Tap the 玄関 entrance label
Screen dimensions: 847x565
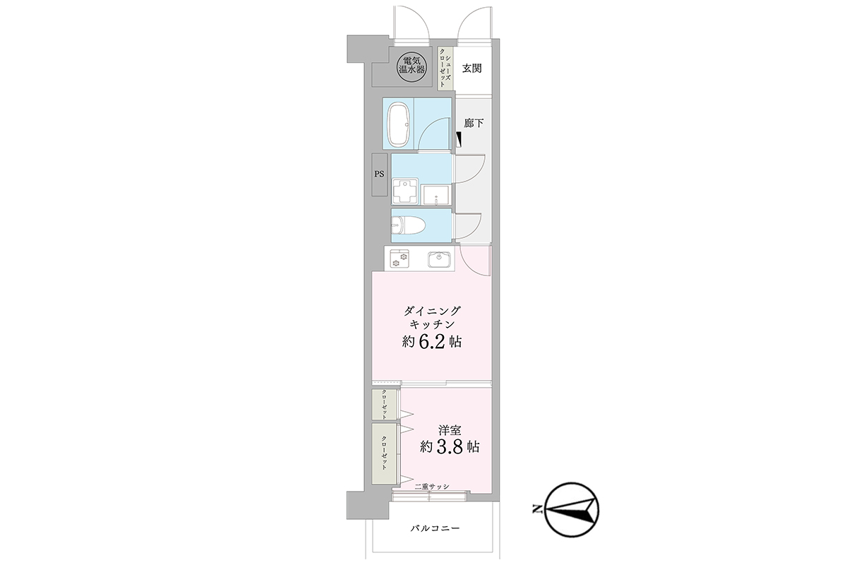[x=472, y=69]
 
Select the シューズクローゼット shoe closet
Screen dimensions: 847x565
[x=445, y=69]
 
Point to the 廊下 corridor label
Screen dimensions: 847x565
[x=474, y=123]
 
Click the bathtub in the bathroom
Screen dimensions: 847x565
[x=400, y=124]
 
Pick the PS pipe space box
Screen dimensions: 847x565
[x=379, y=174]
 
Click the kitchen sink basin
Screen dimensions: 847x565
[x=439, y=260]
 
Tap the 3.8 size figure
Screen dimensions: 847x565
[x=450, y=447]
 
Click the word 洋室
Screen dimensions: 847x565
[x=450, y=430]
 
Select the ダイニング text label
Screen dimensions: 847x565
[x=432, y=311]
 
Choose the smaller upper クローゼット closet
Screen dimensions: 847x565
[x=385, y=404]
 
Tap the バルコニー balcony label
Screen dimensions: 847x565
[x=435, y=528]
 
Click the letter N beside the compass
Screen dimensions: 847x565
[x=536, y=509]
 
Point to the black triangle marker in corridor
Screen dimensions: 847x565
[x=459, y=139]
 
